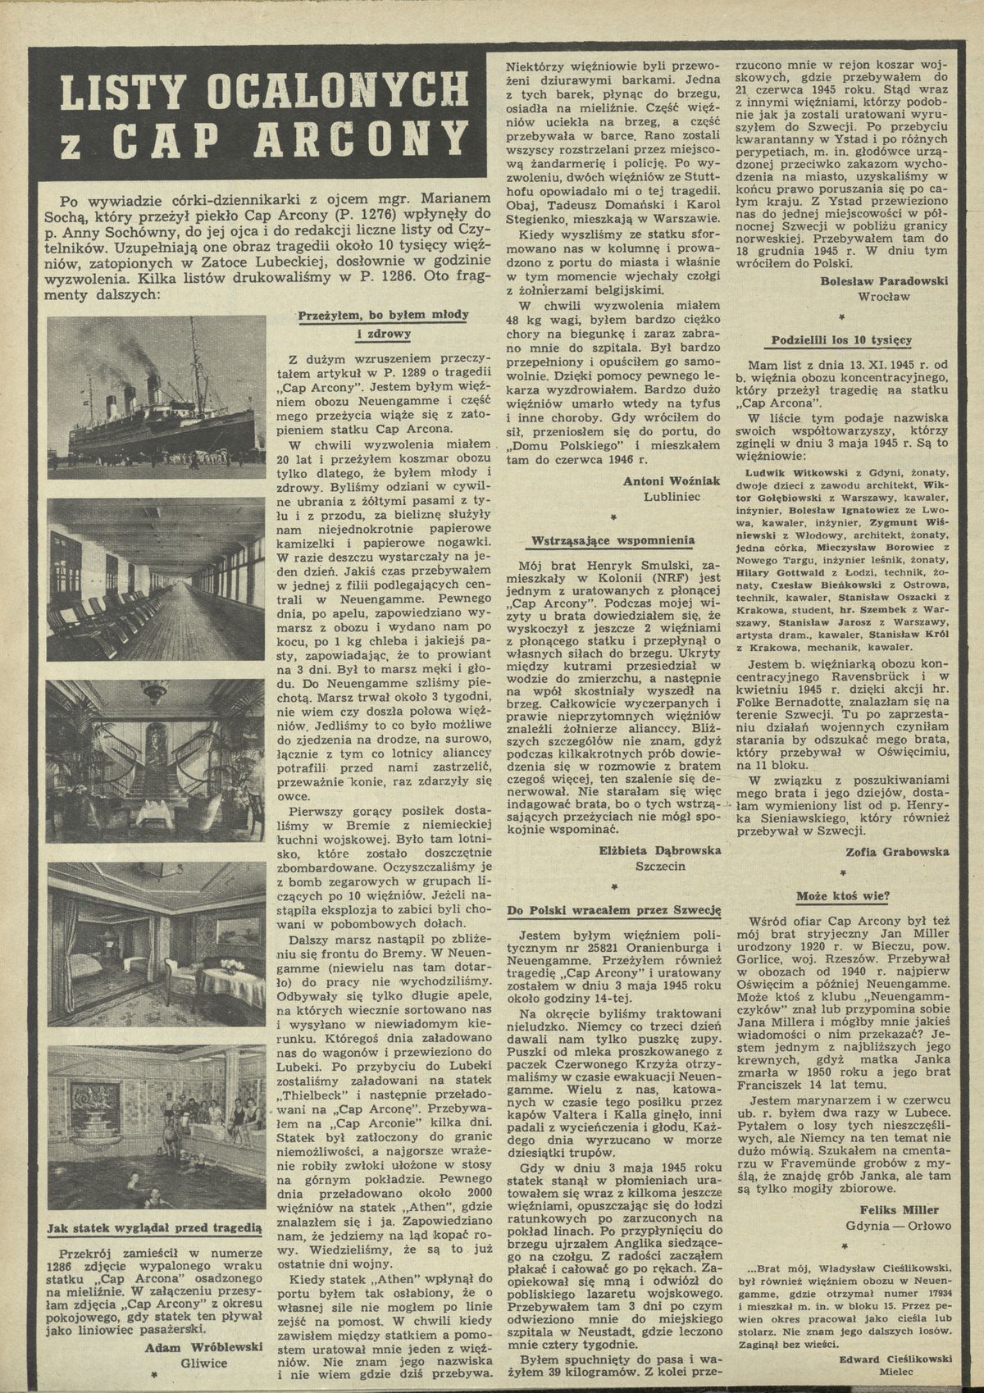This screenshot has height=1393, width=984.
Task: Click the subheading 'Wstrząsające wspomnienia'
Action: click(612, 541)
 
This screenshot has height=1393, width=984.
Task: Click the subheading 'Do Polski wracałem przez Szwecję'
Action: click(613, 910)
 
